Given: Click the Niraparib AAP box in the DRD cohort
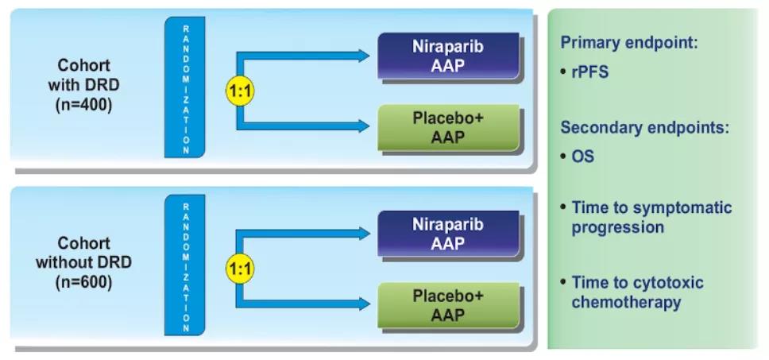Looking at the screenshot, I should click(448, 56).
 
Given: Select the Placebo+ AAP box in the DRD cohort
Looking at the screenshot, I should click(448, 127).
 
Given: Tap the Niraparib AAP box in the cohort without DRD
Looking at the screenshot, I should click(448, 234).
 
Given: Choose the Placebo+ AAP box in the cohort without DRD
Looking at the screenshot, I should click(448, 305).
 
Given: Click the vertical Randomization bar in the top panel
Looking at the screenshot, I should click(185, 87).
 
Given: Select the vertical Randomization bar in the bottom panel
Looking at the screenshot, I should click(185, 265).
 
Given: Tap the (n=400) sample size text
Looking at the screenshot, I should click(83, 104).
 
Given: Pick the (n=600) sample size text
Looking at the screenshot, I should click(83, 282).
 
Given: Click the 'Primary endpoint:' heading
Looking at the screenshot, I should click(629, 43).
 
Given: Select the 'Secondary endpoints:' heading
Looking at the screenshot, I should click(645, 127).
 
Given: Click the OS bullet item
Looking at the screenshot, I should click(582, 157).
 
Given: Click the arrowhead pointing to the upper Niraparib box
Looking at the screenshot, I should click(363, 56).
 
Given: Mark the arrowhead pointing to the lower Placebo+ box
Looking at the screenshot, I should click(363, 304).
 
